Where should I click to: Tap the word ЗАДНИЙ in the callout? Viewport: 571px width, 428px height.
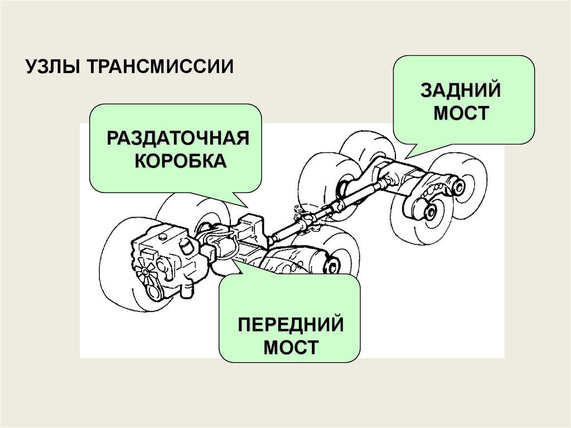click(x=461, y=90)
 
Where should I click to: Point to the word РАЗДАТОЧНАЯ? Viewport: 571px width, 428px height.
click(x=177, y=138)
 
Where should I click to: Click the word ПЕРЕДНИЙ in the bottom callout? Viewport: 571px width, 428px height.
click(x=289, y=324)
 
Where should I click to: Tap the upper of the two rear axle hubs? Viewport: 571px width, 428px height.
click(x=458, y=186)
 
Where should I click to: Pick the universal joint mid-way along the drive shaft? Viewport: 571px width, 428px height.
click(x=304, y=222)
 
